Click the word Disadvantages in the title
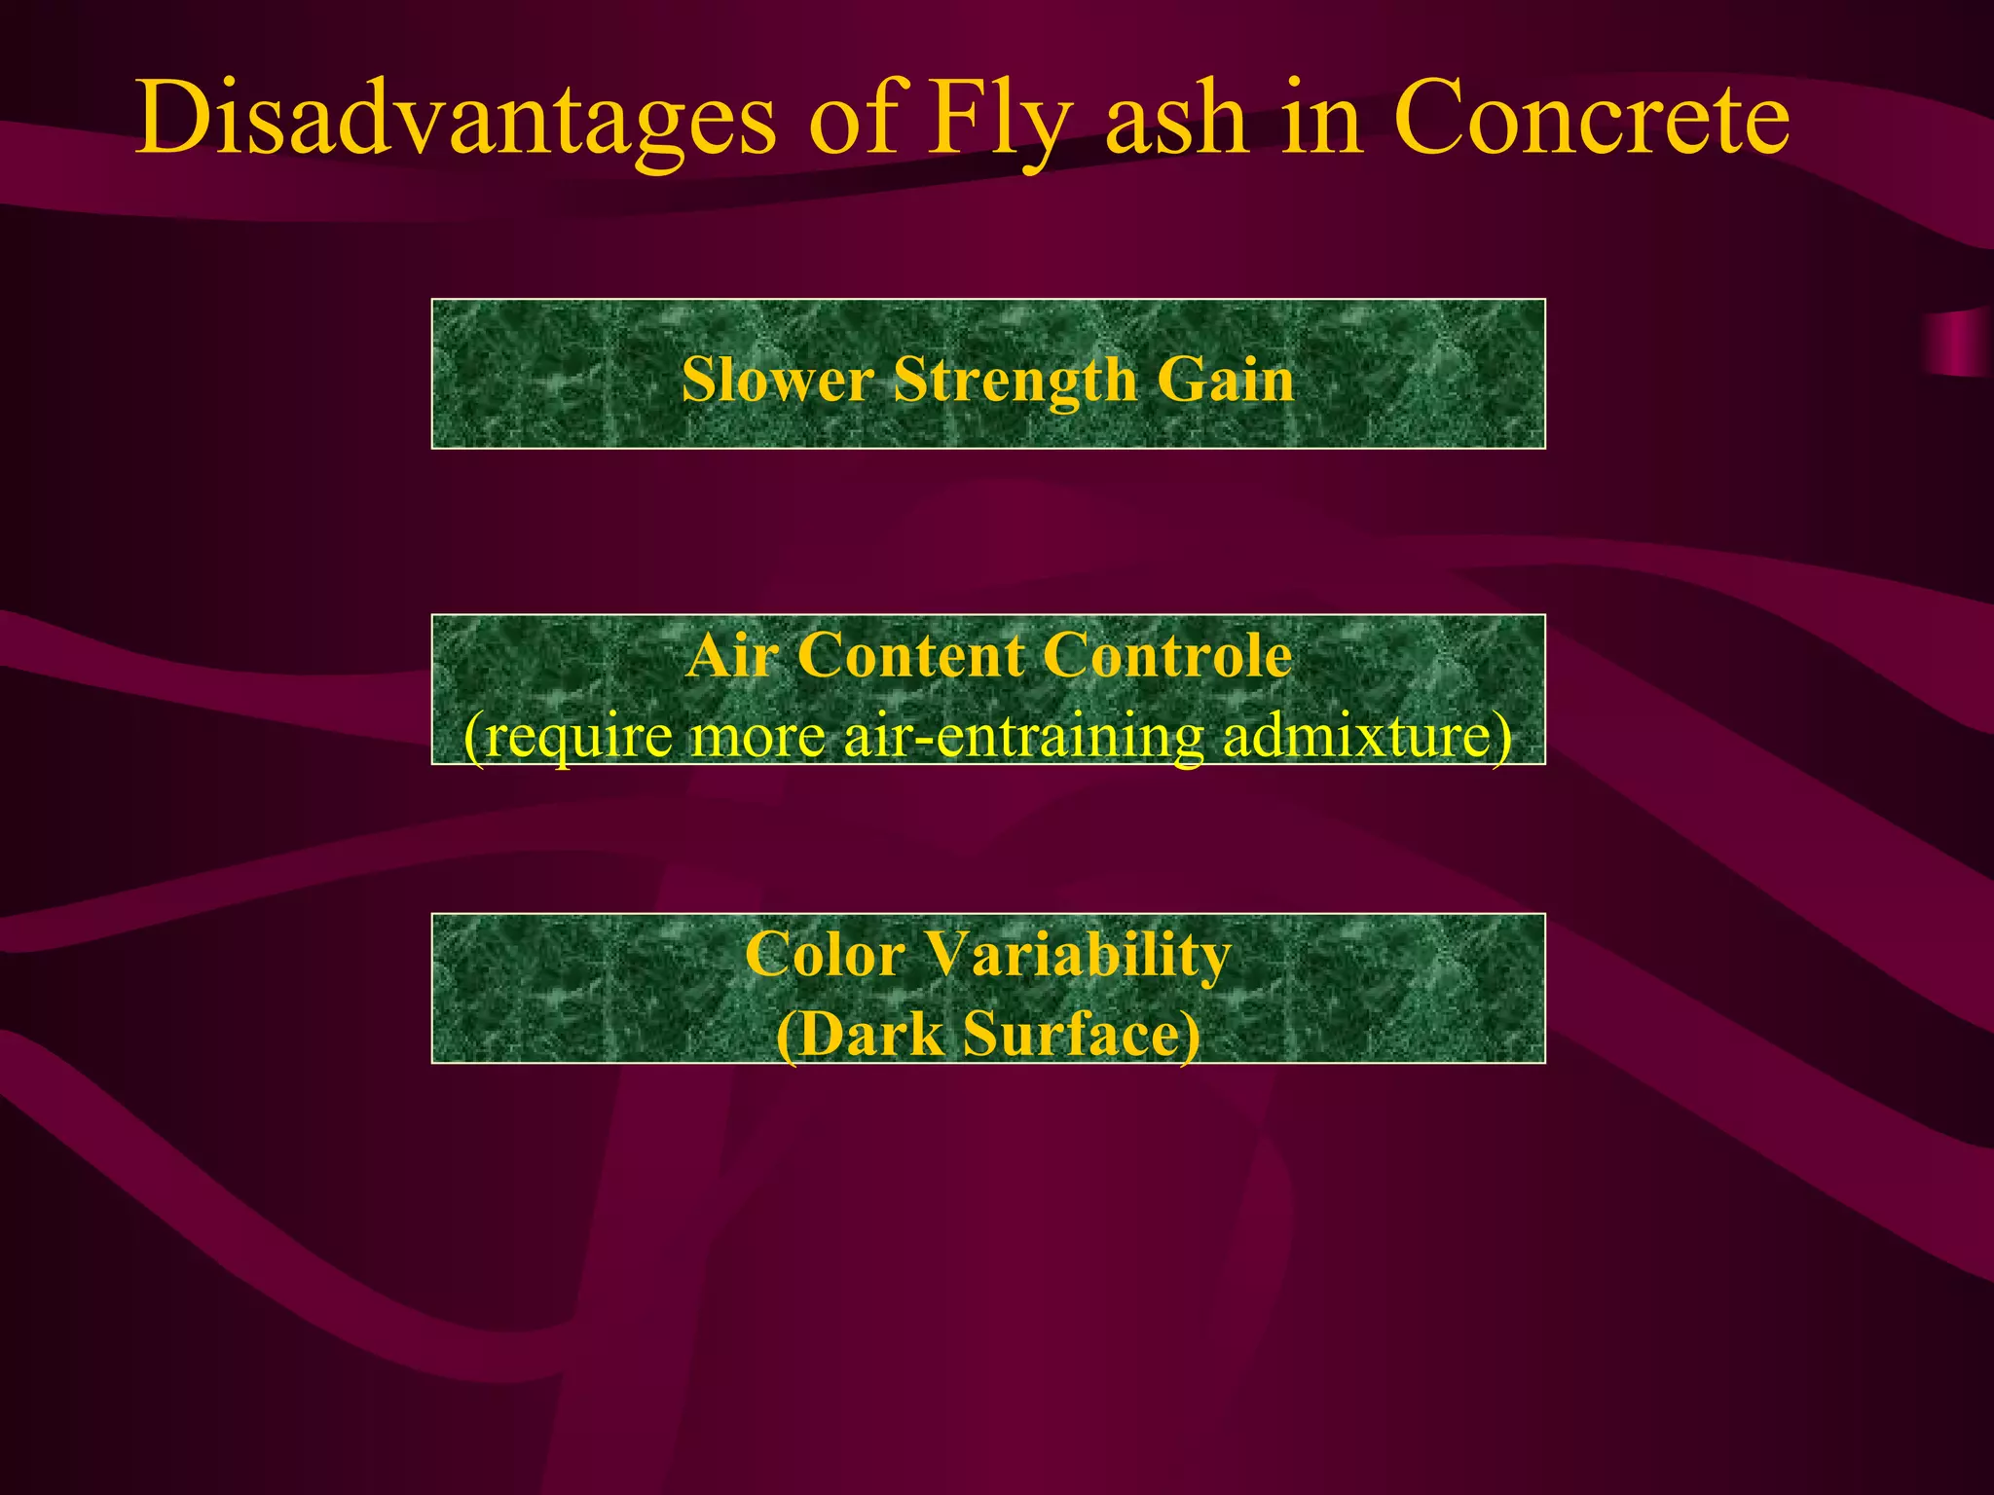(x=456, y=121)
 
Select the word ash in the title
(x=1177, y=121)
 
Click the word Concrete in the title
(x=1592, y=121)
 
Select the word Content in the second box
(x=910, y=656)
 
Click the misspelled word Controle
(x=1167, y=656)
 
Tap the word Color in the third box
(x=825, y=955)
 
